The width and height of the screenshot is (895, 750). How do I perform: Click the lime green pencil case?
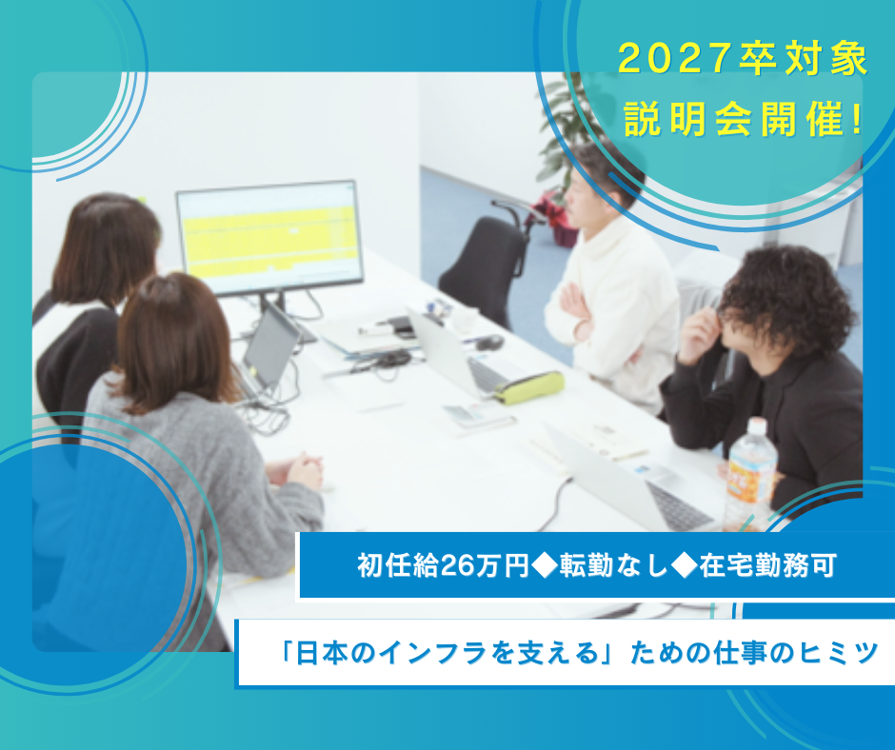(x=529, y=386)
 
